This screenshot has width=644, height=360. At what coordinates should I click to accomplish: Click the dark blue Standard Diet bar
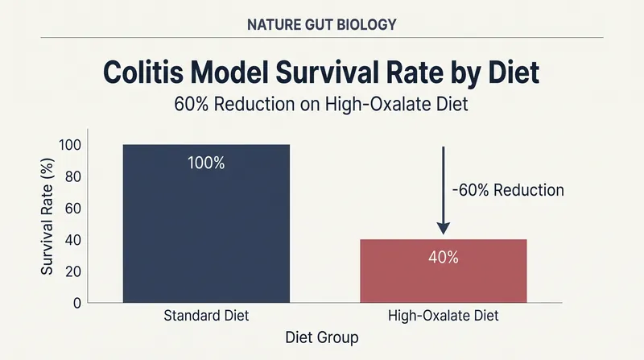206,224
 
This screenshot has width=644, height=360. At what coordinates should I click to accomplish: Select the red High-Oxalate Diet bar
444,271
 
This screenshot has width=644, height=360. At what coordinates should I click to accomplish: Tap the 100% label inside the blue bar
206,163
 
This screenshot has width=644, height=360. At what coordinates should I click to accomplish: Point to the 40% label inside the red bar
444,258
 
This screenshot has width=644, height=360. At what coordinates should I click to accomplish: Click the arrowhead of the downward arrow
444,229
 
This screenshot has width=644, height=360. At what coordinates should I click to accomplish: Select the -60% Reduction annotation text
508,190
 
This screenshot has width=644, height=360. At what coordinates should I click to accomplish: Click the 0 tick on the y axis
77,304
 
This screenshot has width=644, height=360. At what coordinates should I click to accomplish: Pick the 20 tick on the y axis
73,271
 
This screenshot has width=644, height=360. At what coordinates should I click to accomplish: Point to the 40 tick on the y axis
73,240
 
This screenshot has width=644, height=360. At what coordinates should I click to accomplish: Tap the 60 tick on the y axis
73,209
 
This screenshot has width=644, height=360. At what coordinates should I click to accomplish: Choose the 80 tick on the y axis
73,176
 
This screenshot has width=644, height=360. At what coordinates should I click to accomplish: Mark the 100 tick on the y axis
70,145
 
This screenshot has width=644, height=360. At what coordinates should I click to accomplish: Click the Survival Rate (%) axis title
47,216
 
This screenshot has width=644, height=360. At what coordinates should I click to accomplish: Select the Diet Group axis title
322,337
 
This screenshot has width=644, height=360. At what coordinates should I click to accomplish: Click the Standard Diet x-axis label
206,316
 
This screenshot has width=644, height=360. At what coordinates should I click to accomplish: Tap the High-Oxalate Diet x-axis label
444,316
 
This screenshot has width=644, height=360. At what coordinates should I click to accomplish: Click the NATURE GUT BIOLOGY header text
322,25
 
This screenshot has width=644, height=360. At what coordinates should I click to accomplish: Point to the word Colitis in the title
143,72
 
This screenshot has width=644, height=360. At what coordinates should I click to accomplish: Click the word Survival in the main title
331,72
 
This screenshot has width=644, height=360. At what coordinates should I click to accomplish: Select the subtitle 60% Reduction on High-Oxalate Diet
321,104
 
